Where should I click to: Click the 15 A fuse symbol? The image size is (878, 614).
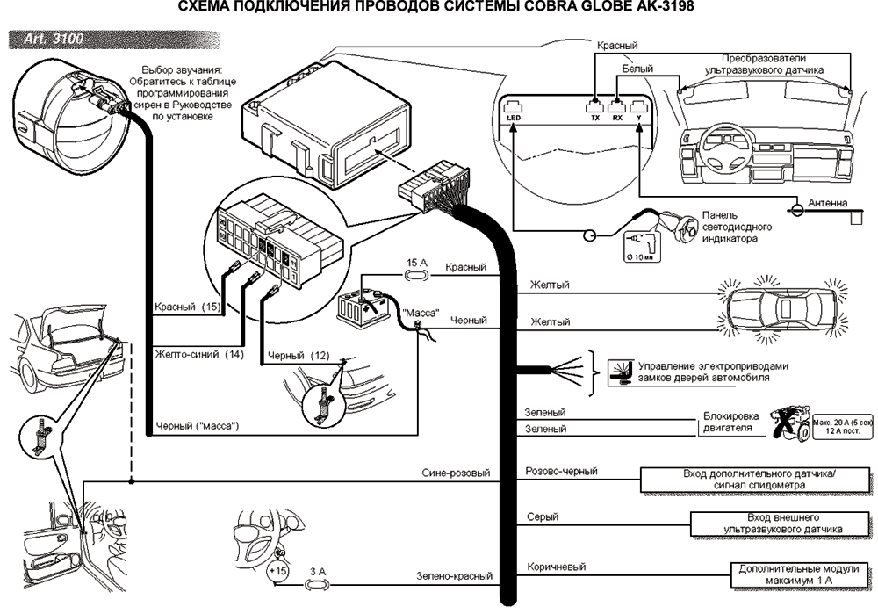[x=415, y=274]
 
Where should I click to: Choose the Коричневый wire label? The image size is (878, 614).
[x=555, y=567]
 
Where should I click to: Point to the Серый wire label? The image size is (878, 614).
[x=542, y=517]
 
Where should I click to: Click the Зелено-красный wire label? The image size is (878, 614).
[x=454, y=577]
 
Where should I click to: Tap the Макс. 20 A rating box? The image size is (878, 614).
[x=842, y=427]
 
